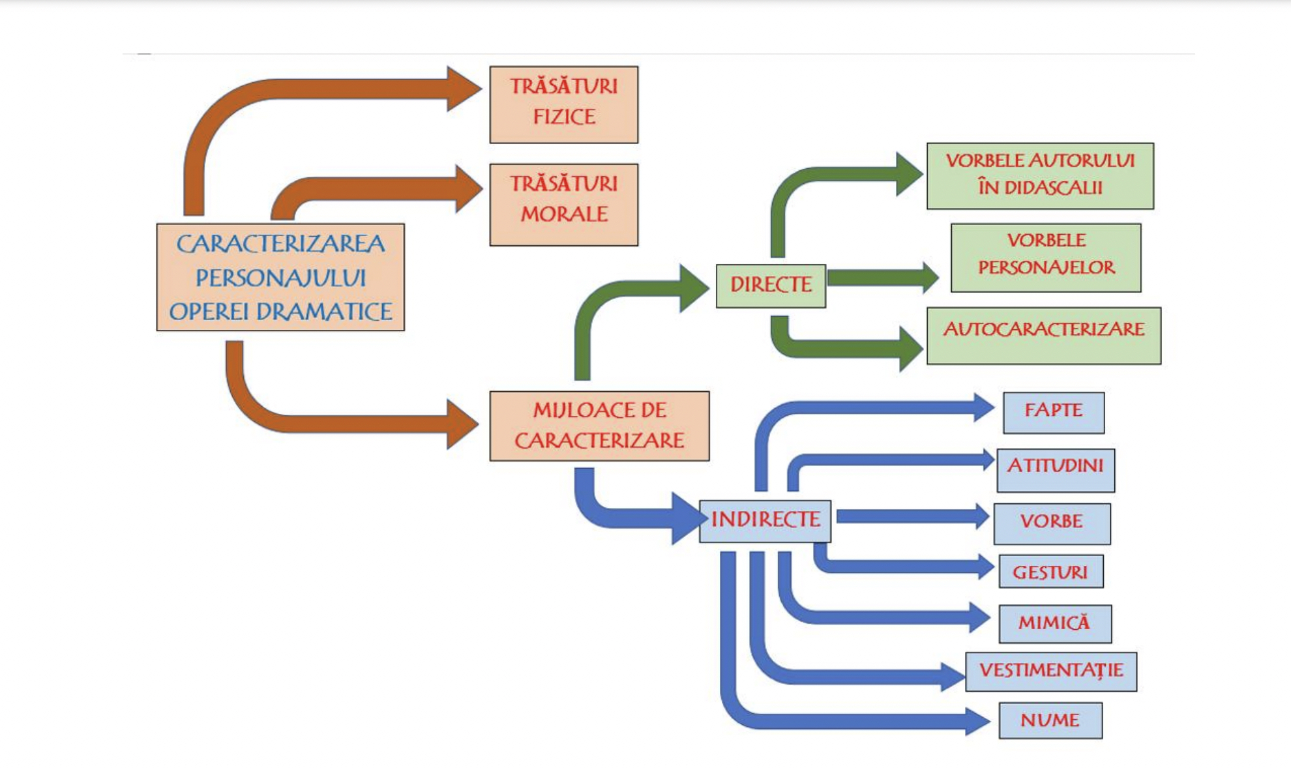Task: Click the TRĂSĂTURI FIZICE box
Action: pos(563,104)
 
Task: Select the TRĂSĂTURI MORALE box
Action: pos(563,204)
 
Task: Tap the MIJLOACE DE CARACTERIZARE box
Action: pos(599,426)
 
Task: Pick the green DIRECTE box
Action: pos(771,286)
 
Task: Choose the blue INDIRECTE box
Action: pos(765,521)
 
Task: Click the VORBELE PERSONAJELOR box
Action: pos(1046,258)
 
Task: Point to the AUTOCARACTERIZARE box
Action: pos(1043,335)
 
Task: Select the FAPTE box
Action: pos(1053,412)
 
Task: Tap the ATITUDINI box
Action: pos(1055,469)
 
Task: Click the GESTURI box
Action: pos(1050,571)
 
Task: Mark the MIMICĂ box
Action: pos(1054,623)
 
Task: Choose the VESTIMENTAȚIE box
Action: pos(1050,671)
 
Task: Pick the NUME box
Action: pos(1050,720)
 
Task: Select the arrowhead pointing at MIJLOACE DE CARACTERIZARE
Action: pos(462,424)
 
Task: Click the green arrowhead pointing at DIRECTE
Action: pos(694,288)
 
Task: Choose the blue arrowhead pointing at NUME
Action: pos(977,721)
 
